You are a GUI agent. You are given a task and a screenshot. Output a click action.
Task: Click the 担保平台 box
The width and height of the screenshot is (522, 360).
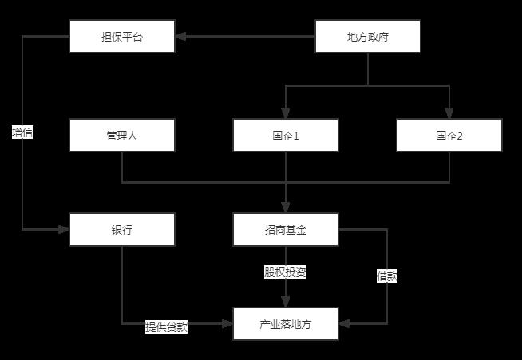pyautogui.click(x=122, y=36)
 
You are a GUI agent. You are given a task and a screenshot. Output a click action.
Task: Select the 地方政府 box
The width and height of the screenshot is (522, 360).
pyautogui.click(x=368, y=36)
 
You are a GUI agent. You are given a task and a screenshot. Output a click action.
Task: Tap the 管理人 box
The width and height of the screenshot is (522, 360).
pyautogui.click(x=122, y=135)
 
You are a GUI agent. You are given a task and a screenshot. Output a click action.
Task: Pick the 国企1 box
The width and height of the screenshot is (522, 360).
pyautogui.click(x=286, y=135)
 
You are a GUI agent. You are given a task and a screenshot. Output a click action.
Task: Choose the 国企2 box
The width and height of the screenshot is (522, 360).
pyautogui.click(x=449, y=135)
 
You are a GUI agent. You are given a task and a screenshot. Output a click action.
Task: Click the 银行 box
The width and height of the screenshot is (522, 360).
pyautogui.click(x=122, y=229)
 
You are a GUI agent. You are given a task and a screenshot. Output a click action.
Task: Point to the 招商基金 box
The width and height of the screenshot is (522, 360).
pyautogui.click(x=286, y=229)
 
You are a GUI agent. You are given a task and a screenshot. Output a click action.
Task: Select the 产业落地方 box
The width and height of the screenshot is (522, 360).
pyautogui.click(x=286, y=324)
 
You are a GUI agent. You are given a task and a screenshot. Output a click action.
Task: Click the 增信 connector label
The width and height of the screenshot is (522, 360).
pyautogui.click(x=22, y=133)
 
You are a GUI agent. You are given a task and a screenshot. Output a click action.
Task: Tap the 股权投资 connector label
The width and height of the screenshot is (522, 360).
pyautogui.click(x=286, y=272)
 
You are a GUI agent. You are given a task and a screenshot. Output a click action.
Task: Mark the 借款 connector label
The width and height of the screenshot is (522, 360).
pyautogui.click(x=387, y=276)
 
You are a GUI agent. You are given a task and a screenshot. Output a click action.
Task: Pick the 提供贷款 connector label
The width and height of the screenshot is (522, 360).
pyautogui.click(x=167, y=327)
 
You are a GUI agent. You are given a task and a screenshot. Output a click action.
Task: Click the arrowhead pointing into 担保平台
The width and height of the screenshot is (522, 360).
pyautogui.click(x=180, y=36)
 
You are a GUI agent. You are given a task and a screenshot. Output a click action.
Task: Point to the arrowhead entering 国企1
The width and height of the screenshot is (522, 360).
pyautogui.click(x=286, y=113)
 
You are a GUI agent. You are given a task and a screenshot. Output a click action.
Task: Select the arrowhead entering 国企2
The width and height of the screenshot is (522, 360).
pyautogui.click(x=449, y=113)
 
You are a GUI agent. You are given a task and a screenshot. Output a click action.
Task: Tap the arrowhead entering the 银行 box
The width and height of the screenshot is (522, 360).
pyautogui.click(x=64, y=229)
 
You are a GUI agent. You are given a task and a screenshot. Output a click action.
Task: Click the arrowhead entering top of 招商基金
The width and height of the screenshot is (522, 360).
pyautogui.click(x=286, y=208)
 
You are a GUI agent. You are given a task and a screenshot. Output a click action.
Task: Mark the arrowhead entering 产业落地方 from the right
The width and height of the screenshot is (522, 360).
pyautogui.click(x=344, y=324)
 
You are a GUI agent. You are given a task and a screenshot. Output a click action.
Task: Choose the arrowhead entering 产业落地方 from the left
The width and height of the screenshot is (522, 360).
pyautogui.click(x=227, y=324)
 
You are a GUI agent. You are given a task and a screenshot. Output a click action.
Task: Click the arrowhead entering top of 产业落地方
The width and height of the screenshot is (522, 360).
pyautogui.click(x=286, y=302)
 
